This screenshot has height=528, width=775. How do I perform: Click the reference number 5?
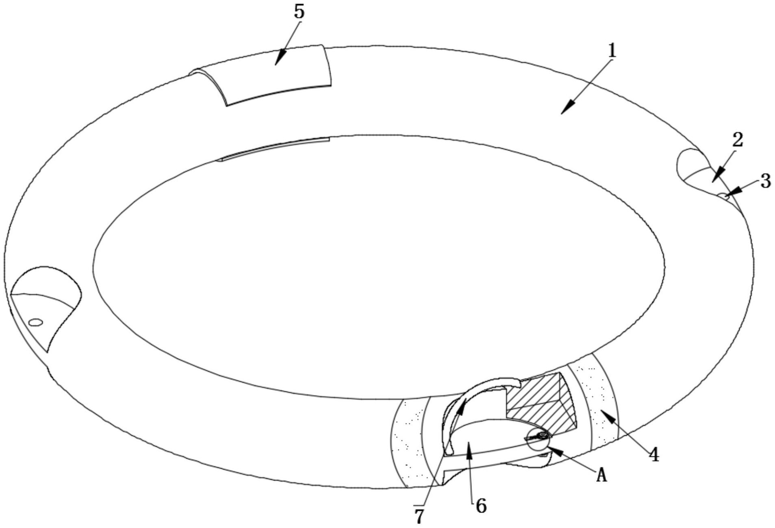(299, 12)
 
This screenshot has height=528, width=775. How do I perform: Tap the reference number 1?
(612, 51)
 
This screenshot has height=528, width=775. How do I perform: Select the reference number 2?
(738, 140)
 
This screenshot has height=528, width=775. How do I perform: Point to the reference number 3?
(766, 181)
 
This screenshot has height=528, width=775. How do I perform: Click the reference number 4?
(653, 454)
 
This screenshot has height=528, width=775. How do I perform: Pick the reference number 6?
(481, 506)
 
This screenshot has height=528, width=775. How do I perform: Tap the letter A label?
(601, 475)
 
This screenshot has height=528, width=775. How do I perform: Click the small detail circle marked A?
(539, 439)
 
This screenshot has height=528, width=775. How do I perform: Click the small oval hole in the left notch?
(36, 322)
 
